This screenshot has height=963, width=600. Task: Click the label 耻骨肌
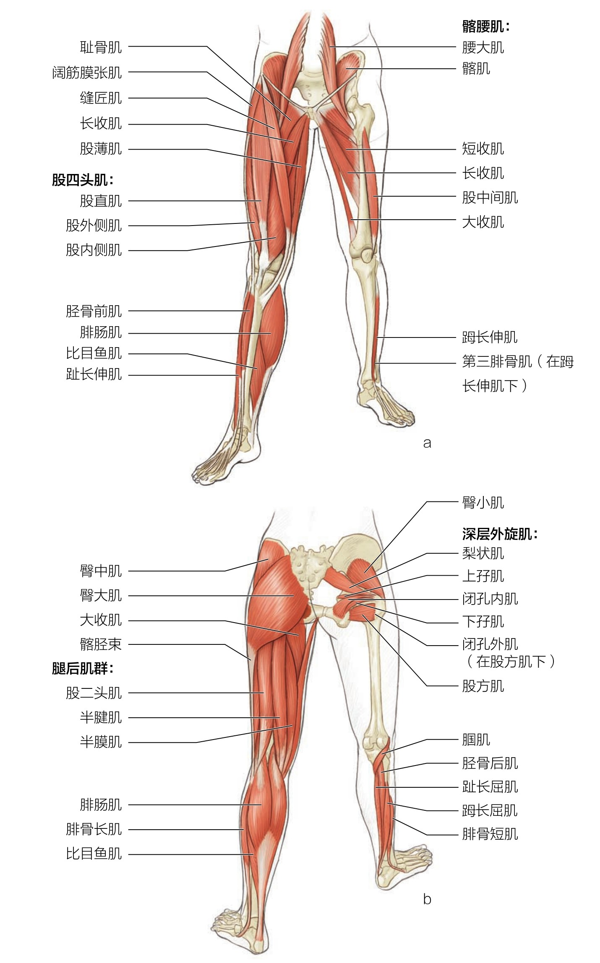pos(101,47)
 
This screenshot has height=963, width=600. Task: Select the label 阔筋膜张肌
pos(87,73)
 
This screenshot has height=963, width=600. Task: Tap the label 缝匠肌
pos(101,98)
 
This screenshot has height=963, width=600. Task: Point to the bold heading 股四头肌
pos(82,180)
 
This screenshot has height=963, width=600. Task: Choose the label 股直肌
pos(101,201)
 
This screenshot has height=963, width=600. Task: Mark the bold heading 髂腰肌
pos(486,27)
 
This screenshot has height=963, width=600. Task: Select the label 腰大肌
pos(483,47)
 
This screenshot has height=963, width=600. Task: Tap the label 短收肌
pos(483,149)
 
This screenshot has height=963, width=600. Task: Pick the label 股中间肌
pos(490,197)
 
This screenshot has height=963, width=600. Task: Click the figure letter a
pos(427,443)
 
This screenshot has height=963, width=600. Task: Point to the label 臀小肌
pos(483,502)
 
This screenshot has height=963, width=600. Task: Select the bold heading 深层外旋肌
pos(500,534)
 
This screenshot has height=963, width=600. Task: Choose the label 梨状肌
pos(483,554)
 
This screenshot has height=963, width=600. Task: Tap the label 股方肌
pos(483,686)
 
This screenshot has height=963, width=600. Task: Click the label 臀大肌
pos(101,596)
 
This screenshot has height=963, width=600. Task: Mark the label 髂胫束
pos(101,644)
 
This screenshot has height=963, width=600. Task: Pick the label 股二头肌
pos(94,693)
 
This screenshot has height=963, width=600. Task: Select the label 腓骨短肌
pos(490,834)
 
